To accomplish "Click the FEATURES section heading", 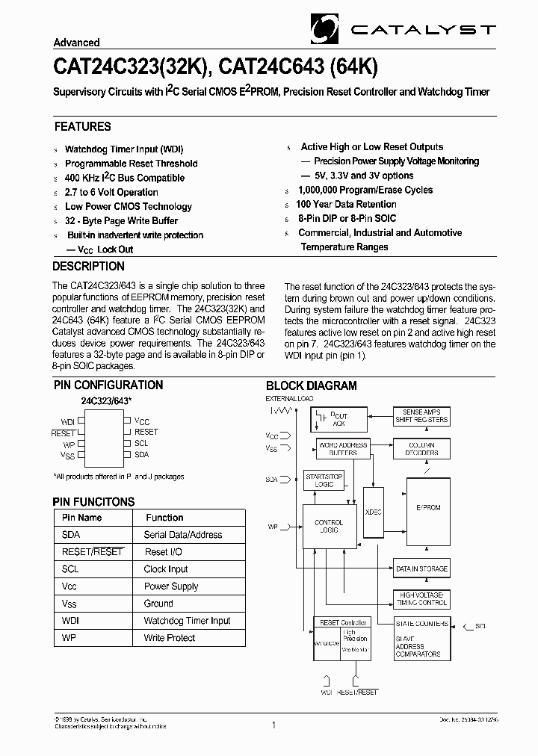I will pos(82,127).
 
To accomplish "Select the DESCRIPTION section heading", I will pos(89,267).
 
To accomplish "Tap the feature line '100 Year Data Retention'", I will pos(346,204).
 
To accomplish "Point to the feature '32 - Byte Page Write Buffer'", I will pos(121,220).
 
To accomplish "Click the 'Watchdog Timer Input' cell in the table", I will pos(187,621).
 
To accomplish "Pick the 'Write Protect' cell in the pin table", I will pos(170,638).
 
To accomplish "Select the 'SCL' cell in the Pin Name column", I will pos(71,569).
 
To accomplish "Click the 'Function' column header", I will pos(164,518).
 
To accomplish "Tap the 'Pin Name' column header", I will pos(81,518).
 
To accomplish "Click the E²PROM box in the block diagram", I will pos(428,508).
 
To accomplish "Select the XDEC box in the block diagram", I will pos(373,512).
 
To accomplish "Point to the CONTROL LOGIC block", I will pos(329,527).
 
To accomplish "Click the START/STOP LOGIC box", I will pos(324,480).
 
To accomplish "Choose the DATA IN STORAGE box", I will pos(421,569).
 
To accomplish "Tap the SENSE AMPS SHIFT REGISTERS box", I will pos(421,416).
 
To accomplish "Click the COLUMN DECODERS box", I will pos(421,449).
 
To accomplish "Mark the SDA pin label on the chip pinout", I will pos(142,454).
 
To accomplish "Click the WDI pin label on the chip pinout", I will pos(68,422).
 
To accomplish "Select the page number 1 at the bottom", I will pos(274,725).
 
